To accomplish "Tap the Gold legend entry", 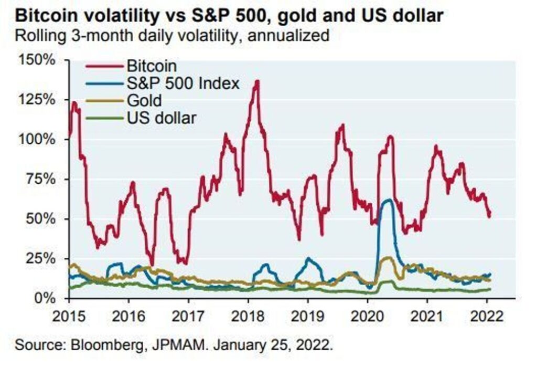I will click(144, 100).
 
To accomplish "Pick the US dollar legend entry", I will click(161, 117).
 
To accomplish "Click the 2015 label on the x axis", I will click(69, 317).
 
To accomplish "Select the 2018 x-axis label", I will click(248, 317).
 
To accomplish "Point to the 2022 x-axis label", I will click(486, 317).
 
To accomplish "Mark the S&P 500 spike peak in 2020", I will click(389, 200).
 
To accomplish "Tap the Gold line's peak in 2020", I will click(388, 257).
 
